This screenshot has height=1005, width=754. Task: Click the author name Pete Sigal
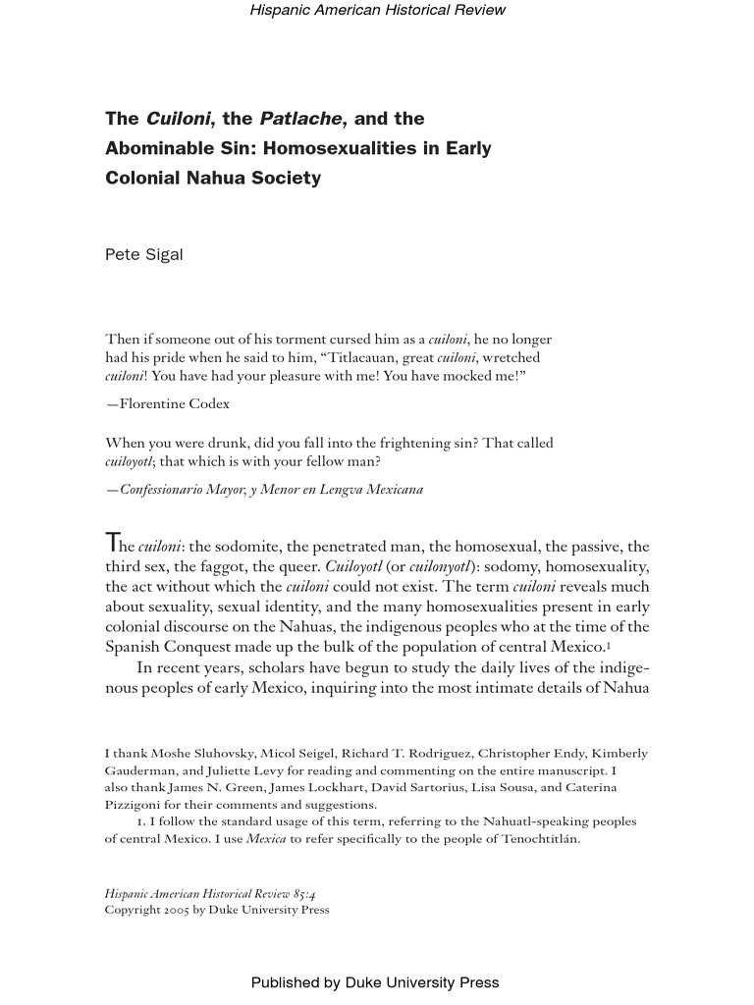[x=144, y=255]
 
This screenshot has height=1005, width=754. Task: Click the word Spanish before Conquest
[x=133, y=647]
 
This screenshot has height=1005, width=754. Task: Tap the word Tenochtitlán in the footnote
[x=533, y=838]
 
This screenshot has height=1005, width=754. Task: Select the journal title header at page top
[x=377, y=10]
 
